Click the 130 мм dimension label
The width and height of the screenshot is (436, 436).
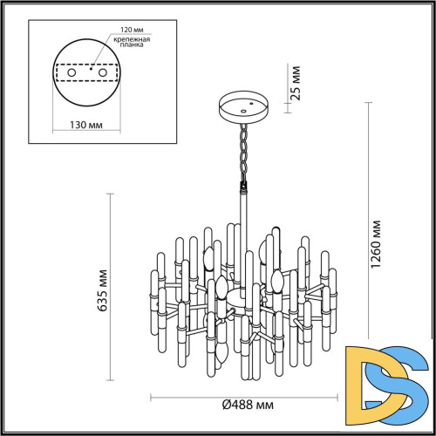(85, 126)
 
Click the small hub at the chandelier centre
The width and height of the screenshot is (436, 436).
(235, 302)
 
